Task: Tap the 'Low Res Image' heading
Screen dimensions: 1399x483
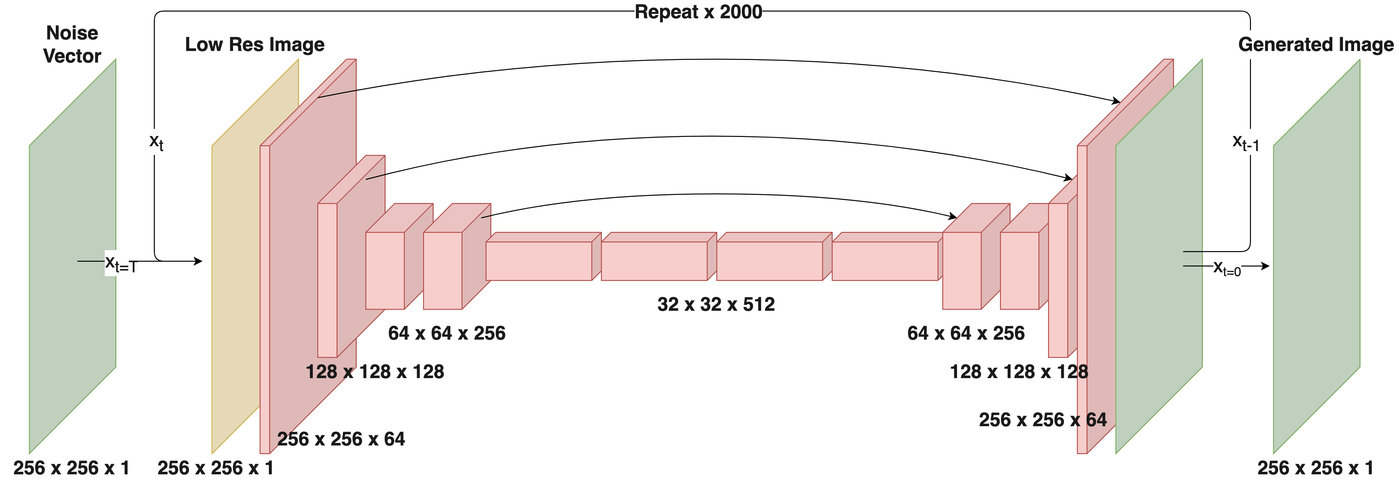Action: click(255, 45)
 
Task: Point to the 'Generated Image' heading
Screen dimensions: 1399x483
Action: click(1315, 45)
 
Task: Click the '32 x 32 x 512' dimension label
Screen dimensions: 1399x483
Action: click(716, 304)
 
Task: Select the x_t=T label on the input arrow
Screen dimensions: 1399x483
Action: click(121, 265)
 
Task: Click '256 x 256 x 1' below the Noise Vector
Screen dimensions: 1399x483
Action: click(72, 468)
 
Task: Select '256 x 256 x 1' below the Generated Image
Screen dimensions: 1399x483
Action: click(1315, 468)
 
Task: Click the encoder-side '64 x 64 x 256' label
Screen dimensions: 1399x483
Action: click(446, 333)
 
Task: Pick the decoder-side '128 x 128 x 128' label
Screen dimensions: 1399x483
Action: click(1019, 372)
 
